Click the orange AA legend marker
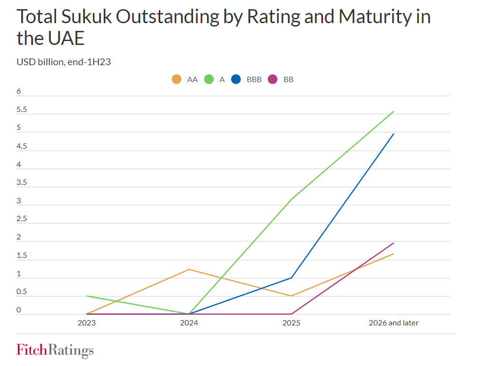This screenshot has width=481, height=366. [x=177, y=79]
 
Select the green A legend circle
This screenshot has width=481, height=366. [x=209, y=79]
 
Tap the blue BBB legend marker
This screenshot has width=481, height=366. [x=236, y=79]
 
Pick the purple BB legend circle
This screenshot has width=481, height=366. [x=273, y=79]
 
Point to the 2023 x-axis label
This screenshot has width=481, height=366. [x=86, y=323]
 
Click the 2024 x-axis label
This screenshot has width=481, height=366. [x=189, y=323]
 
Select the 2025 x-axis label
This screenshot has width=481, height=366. [x=291, y=323]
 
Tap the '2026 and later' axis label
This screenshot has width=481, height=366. [x=394, y=323]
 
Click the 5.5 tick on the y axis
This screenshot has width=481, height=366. [x=22, y=110]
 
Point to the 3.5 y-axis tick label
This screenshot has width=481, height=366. [x=22, y=183]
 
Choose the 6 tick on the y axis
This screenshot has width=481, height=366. [x=19, y=92]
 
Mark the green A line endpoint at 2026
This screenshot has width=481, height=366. [x=394, y=112]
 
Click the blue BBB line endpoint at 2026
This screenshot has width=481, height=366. [x=394, y=134]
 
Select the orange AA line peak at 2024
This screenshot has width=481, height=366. [x=189, y=269]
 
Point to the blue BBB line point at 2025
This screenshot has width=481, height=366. [x=291, y=278]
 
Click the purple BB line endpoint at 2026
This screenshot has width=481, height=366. [x=394, y=243]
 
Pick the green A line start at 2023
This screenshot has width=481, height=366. [x=87, y=296]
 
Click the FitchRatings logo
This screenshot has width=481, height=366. [x=55, y=350]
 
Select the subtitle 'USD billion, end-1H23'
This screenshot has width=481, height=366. [x=64, y=62]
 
